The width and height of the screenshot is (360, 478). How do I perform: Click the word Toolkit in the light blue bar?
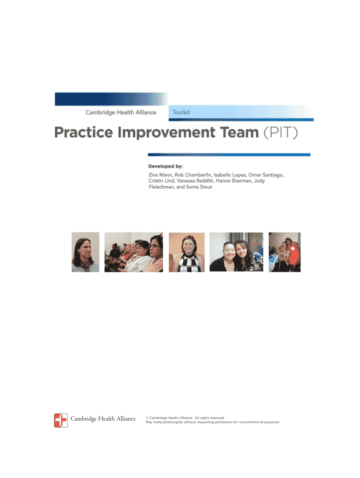pyautogui.click(x=181, y=112)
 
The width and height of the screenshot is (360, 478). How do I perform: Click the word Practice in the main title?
pyautogui.click(x=84, y=132)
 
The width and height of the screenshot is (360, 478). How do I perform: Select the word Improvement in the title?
pyautogui.click(x=166, y=133)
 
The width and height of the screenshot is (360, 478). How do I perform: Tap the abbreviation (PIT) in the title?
pyautogui.click(x=281, y=133)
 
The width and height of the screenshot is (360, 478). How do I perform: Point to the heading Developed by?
pyautogui.click(x=166, y=166)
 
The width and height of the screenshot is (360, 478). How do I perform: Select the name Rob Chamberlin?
pyautogui.click(x=193, y=175)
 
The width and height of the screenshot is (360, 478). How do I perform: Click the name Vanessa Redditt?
pyautogui.click(x=195, y=181)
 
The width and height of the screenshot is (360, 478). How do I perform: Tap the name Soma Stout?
pyautogui.click(x=199, y=187)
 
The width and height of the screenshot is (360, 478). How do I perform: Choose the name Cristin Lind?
pyautogui.click(x=161, y=181)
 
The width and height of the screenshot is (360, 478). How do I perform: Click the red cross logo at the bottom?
pyautogui.click(x=61, y=421)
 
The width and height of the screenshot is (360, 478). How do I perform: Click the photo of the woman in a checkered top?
pyautogui.click(x=187, y=252)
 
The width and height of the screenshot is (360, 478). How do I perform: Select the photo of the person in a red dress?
pyautogui.click(x=285, y=252)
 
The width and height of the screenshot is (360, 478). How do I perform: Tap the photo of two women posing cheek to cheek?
pyautogui.click(x=236, y=252)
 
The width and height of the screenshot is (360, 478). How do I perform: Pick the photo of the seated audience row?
pyautogui.click(x=134, y=252)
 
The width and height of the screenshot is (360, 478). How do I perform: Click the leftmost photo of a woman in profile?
pyautogui.click(x=86, y=252)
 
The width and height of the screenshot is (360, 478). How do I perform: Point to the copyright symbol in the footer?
pyautogui.click(x=147, y=418)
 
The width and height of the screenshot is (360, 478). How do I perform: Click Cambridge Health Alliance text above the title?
pyautogui.click(x=121, y=112)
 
